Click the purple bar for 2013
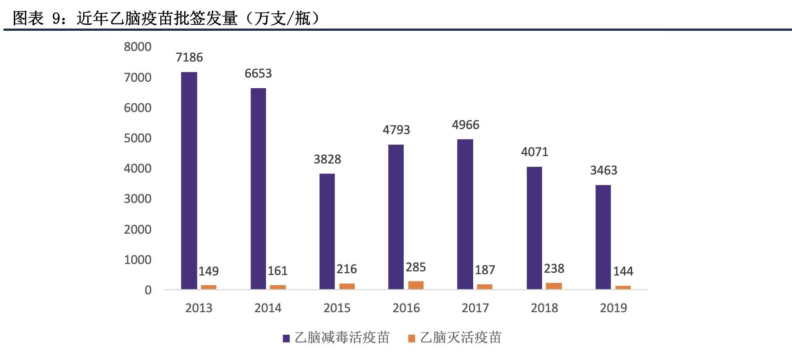(189, 180)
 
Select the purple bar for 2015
(327, 231)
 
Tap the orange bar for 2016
(416, 285)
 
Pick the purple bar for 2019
(603, 237)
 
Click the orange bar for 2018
(554, 286)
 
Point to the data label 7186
(189, 57)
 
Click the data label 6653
(258, 73)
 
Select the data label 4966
(465, 125)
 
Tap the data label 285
(416, 267)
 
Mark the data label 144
(623, 271)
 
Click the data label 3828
(327, 159)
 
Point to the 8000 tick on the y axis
(137, 47)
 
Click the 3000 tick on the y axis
(137, 199)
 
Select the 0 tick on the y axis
(148, 290)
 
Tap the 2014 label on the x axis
(268, 308)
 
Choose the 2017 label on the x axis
(475, 308)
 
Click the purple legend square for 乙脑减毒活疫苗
(286, 338)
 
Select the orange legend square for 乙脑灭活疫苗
(412, 338)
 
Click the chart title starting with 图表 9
(165, 18)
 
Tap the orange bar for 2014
(277, 287)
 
